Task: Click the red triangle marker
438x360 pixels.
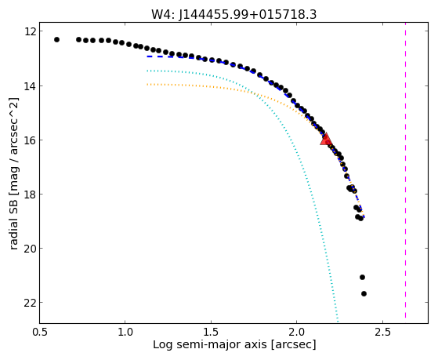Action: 326,140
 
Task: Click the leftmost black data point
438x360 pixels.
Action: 56,40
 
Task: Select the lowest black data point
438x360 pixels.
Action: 364,293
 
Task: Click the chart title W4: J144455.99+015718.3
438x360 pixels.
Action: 233,15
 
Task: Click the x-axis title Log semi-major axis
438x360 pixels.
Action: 234,344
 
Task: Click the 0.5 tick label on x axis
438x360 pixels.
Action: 40,332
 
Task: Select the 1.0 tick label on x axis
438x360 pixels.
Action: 125,332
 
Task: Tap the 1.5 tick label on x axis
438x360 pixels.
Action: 211,332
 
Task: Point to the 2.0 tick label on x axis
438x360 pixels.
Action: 297,332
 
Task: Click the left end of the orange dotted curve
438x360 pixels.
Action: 147,84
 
